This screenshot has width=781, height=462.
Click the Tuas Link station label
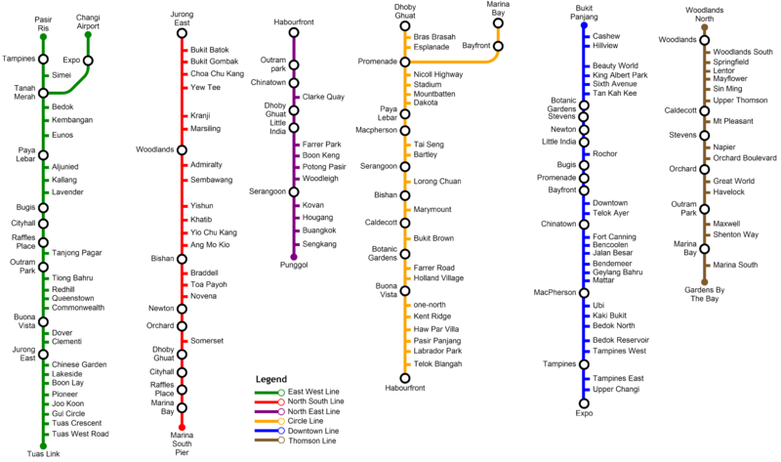pyautogui.click(x=43, y=454)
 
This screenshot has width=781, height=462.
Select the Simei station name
pyautogui.click(x=61, y=74)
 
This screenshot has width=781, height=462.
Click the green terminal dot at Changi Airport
pyautogui.click(x=88, y=35)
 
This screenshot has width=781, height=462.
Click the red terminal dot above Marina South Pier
pyautogui.click(x=182, y=427)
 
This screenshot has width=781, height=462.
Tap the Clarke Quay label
pyautogui.click(x=323, y=97)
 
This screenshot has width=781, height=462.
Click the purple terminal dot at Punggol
pyautogui.click(x=293, y=257)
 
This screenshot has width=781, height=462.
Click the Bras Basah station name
pyautogui.click(x=434, y=36)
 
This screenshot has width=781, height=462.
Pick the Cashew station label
pyautogui.click(x=606, y=36)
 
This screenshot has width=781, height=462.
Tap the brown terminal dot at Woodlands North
pyautogui.click(x=704, y=27)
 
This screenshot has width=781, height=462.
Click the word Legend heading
pyautogui.click(x=271, y=378)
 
